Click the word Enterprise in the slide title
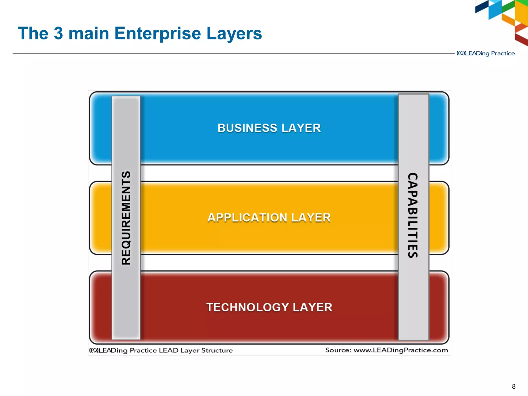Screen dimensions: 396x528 [158, 34]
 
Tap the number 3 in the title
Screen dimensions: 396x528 [59, 33]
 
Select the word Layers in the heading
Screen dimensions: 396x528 [234, 34]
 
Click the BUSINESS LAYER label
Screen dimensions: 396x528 [269, 128]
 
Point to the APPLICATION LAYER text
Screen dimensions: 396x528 [269, 218]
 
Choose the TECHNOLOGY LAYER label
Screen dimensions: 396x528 [269, 307]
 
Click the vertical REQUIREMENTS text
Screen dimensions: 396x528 [126, 218]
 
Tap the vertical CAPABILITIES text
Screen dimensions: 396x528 [413, 215]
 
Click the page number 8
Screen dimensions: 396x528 [514, 386]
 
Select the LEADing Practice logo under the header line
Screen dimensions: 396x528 [486, 53]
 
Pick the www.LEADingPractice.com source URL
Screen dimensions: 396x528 [401, 350]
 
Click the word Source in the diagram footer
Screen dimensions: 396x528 [338, 350]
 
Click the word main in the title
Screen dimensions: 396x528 [89, 33]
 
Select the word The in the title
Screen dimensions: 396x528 [33, 33]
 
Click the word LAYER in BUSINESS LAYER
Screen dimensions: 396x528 [301, 128]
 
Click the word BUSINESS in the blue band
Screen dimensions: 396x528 [247, 128]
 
